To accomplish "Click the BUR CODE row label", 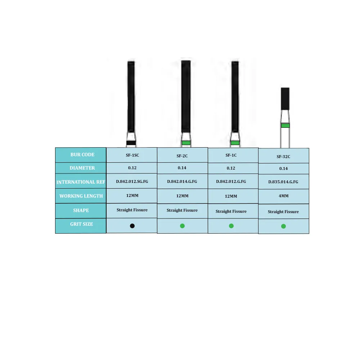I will click(x=82, y=155).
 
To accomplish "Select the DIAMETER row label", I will click(x=82, y=168).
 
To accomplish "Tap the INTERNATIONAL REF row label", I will click(x=81, y=182).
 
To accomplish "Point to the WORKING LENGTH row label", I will click(x=81, y=196).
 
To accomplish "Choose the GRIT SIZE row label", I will click(x=81, y=224).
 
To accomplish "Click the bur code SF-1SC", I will click(x=132, y=155).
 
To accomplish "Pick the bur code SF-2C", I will click(x=182, y=156).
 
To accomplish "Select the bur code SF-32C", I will click(x=283, y=157).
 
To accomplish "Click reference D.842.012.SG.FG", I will click(x=132, y=181).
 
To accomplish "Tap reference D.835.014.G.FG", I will click(x=283, y=182).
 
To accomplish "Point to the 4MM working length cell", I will click(x=283, y=197).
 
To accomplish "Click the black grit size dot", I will click(x=132, y=226).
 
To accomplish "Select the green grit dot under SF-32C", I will click(x=283, y=226).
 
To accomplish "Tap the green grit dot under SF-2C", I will click(x=182, y=226).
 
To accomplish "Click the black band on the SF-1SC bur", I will click(x=131, y=143).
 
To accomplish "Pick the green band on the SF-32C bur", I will click(x=285, y=126).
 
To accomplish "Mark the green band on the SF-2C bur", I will click(x=186, y=143).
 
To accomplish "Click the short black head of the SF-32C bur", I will click(x=285, y=99).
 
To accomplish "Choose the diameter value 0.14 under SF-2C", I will click(x=182, y=168).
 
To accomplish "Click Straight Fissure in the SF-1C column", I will click(x=231, y=212).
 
